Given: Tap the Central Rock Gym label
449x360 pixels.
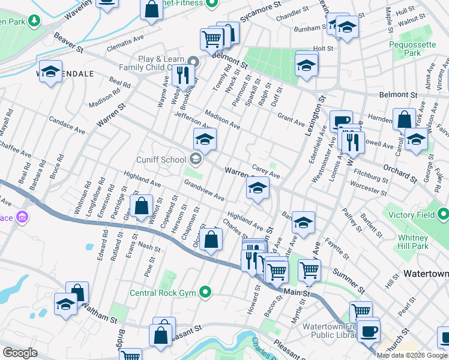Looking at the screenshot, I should [163, 293].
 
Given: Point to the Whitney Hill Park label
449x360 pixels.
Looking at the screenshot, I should [420, 241].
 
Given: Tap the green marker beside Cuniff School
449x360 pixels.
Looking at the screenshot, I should [194, 160].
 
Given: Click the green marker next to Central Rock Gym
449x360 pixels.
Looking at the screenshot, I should [206, 293].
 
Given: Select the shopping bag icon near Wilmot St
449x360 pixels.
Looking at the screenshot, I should [141, 206].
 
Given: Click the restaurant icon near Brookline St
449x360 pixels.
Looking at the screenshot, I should [183, 75].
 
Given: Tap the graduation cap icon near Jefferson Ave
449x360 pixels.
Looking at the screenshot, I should [205, 140].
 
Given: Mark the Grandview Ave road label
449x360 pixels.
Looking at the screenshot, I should [204, 190].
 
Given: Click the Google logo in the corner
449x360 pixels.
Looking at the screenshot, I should [20, 353].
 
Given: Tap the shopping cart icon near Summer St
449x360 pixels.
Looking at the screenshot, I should [309, 270].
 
